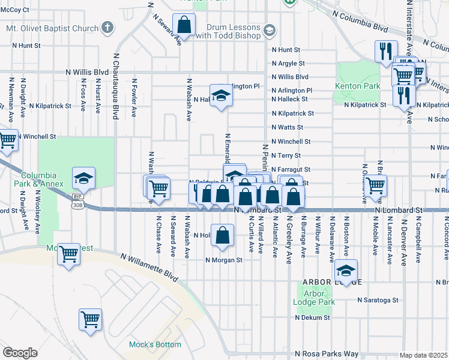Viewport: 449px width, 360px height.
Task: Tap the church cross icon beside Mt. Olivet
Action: click(107, 28)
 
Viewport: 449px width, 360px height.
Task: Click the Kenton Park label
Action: click(358, 86)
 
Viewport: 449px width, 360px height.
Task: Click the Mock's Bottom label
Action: click(155, 344)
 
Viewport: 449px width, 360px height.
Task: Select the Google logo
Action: click(19, 353)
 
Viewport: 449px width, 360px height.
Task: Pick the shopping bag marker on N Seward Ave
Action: click(184, 25)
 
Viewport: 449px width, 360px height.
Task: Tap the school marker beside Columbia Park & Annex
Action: click(84, 178)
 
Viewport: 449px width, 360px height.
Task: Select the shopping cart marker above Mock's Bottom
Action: click(90, 320)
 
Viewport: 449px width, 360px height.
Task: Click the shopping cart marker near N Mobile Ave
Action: click(376, 185)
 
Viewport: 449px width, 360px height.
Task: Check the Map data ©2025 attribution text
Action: click(424, 355)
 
